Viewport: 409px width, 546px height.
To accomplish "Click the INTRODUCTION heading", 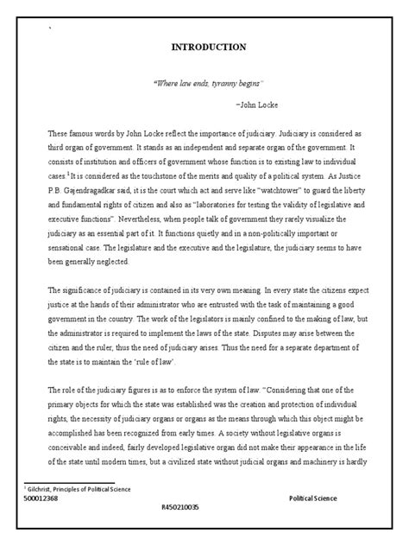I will coord(204,47).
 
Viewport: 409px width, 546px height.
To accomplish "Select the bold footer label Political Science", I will coord(313,499).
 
